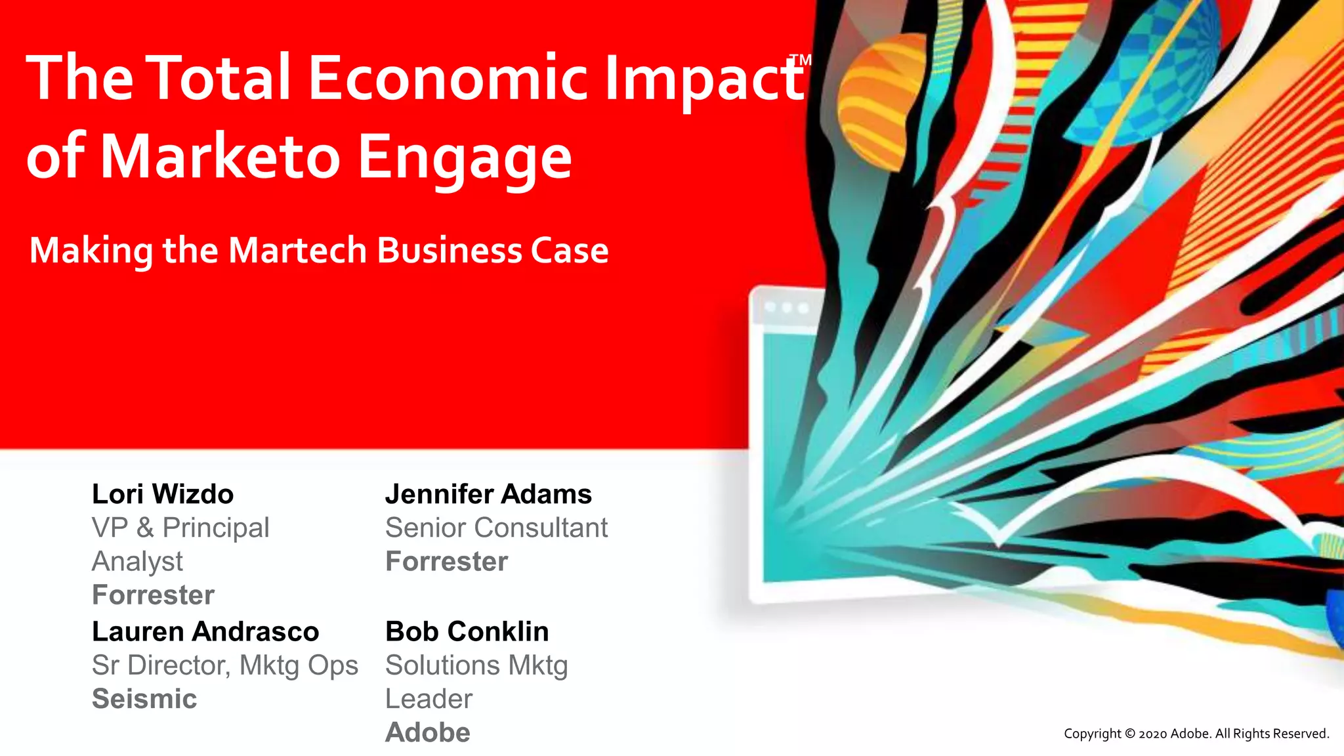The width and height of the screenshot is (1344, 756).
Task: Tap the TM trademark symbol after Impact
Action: [x=801, y=61]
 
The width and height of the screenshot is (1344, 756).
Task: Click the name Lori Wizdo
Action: [x=163, y=494]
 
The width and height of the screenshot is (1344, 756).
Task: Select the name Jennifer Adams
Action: [x=488, y=494]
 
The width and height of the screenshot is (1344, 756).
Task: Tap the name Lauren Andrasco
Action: [x=205, y=631]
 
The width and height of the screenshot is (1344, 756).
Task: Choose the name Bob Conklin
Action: [x=467, y=631]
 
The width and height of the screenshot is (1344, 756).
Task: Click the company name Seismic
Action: [x=144, y=699]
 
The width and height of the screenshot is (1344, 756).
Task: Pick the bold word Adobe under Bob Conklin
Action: [x=428, y=732]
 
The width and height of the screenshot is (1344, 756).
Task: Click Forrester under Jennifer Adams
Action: [x=446, y=562]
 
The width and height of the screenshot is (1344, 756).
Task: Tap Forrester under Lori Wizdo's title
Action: [x=153, y=595]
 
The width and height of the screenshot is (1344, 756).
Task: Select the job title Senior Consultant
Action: [x=496, y=528]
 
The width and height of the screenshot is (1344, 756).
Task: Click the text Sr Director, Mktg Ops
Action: [x=225, y=665]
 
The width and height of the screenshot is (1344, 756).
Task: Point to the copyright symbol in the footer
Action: [x=1130, y=734]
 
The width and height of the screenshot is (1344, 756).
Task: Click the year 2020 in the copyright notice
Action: [x=1153, y=734]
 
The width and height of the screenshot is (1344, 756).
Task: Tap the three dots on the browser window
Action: [x=787, y=308]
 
